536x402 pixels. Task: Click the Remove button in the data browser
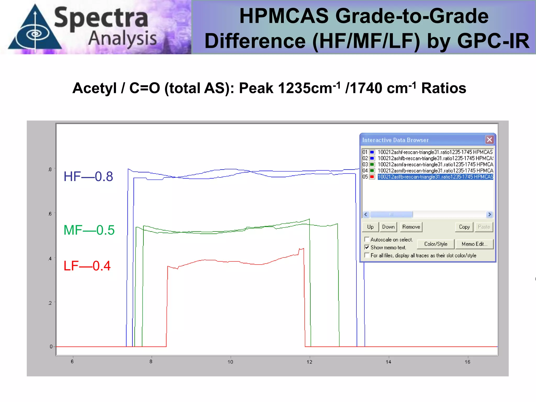click(x=411, y=227)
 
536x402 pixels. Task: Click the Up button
click(x=370, y=227)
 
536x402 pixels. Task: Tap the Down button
click(x=388, y=227)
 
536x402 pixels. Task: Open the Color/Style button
click(x=435, y=244)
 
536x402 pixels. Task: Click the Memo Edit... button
click(x=474, y=244)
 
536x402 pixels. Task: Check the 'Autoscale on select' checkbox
click(x=367, y=239)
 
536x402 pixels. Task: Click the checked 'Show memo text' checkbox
click(x=367, y=247)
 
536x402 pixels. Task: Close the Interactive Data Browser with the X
click(x=489, y=140)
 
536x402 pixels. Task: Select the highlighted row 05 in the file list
click(x=435, y=177)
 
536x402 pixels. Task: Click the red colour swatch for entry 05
click(x=372, y=177)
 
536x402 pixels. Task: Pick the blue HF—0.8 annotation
click(x=88, y=176)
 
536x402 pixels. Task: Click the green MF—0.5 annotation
click(x=89, y=230)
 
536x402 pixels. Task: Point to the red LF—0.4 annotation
click(x=87, y=266)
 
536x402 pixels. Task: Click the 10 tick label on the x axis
click(x=230, y=362)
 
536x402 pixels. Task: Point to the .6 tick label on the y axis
click(x=50, y=214)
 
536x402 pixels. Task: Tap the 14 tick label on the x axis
click(x=388, y=362)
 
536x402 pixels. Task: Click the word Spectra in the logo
click(x=101, y=18)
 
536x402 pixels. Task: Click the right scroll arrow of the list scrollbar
click(x=489, y=215)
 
